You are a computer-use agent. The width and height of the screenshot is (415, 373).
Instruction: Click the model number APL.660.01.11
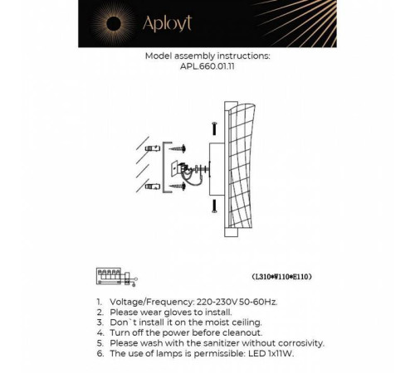[x=207, y=70]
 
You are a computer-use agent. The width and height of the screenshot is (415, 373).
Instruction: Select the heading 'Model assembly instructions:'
[x=207, y=58]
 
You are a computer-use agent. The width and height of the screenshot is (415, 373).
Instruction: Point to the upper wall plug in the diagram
[x=153, y=149]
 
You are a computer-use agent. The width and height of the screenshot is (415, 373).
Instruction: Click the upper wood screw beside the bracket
[x=179, y=149]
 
